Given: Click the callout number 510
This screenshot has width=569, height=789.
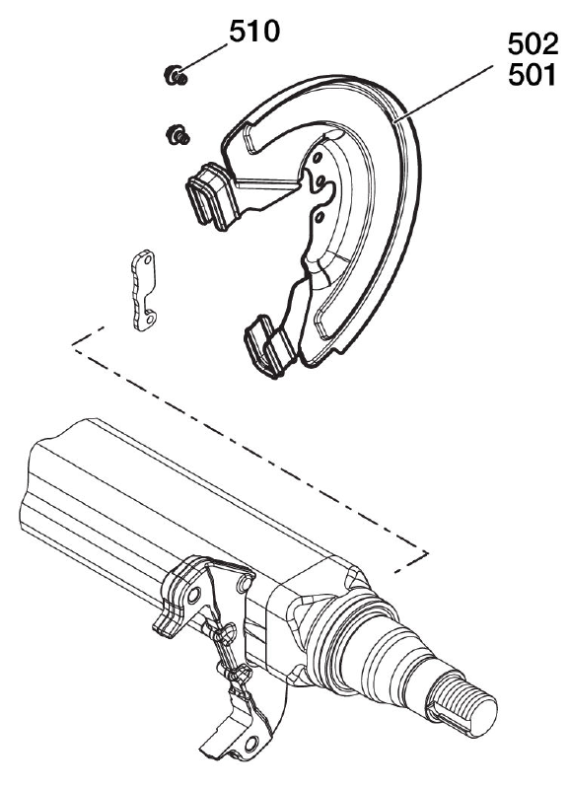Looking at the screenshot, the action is click(254, 33).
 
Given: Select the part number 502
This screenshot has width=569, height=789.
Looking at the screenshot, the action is click(533, 44).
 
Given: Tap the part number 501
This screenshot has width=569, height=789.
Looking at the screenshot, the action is click(533, 76).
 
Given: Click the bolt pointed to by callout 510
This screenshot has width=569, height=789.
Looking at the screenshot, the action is click(176, 76).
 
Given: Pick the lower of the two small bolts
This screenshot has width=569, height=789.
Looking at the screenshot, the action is click(178, 134).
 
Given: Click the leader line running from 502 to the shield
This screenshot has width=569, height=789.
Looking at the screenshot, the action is click(444, 93).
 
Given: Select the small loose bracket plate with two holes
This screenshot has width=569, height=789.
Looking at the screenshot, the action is click(143, 290).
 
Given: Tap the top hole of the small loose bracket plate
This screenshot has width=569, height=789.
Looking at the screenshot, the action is click(147, 260).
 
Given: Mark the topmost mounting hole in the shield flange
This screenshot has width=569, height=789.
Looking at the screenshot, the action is click(317, 159).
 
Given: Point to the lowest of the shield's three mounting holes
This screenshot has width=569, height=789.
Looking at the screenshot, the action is click(318, 217).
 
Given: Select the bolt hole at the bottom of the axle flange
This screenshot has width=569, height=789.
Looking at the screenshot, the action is click(251, 744).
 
